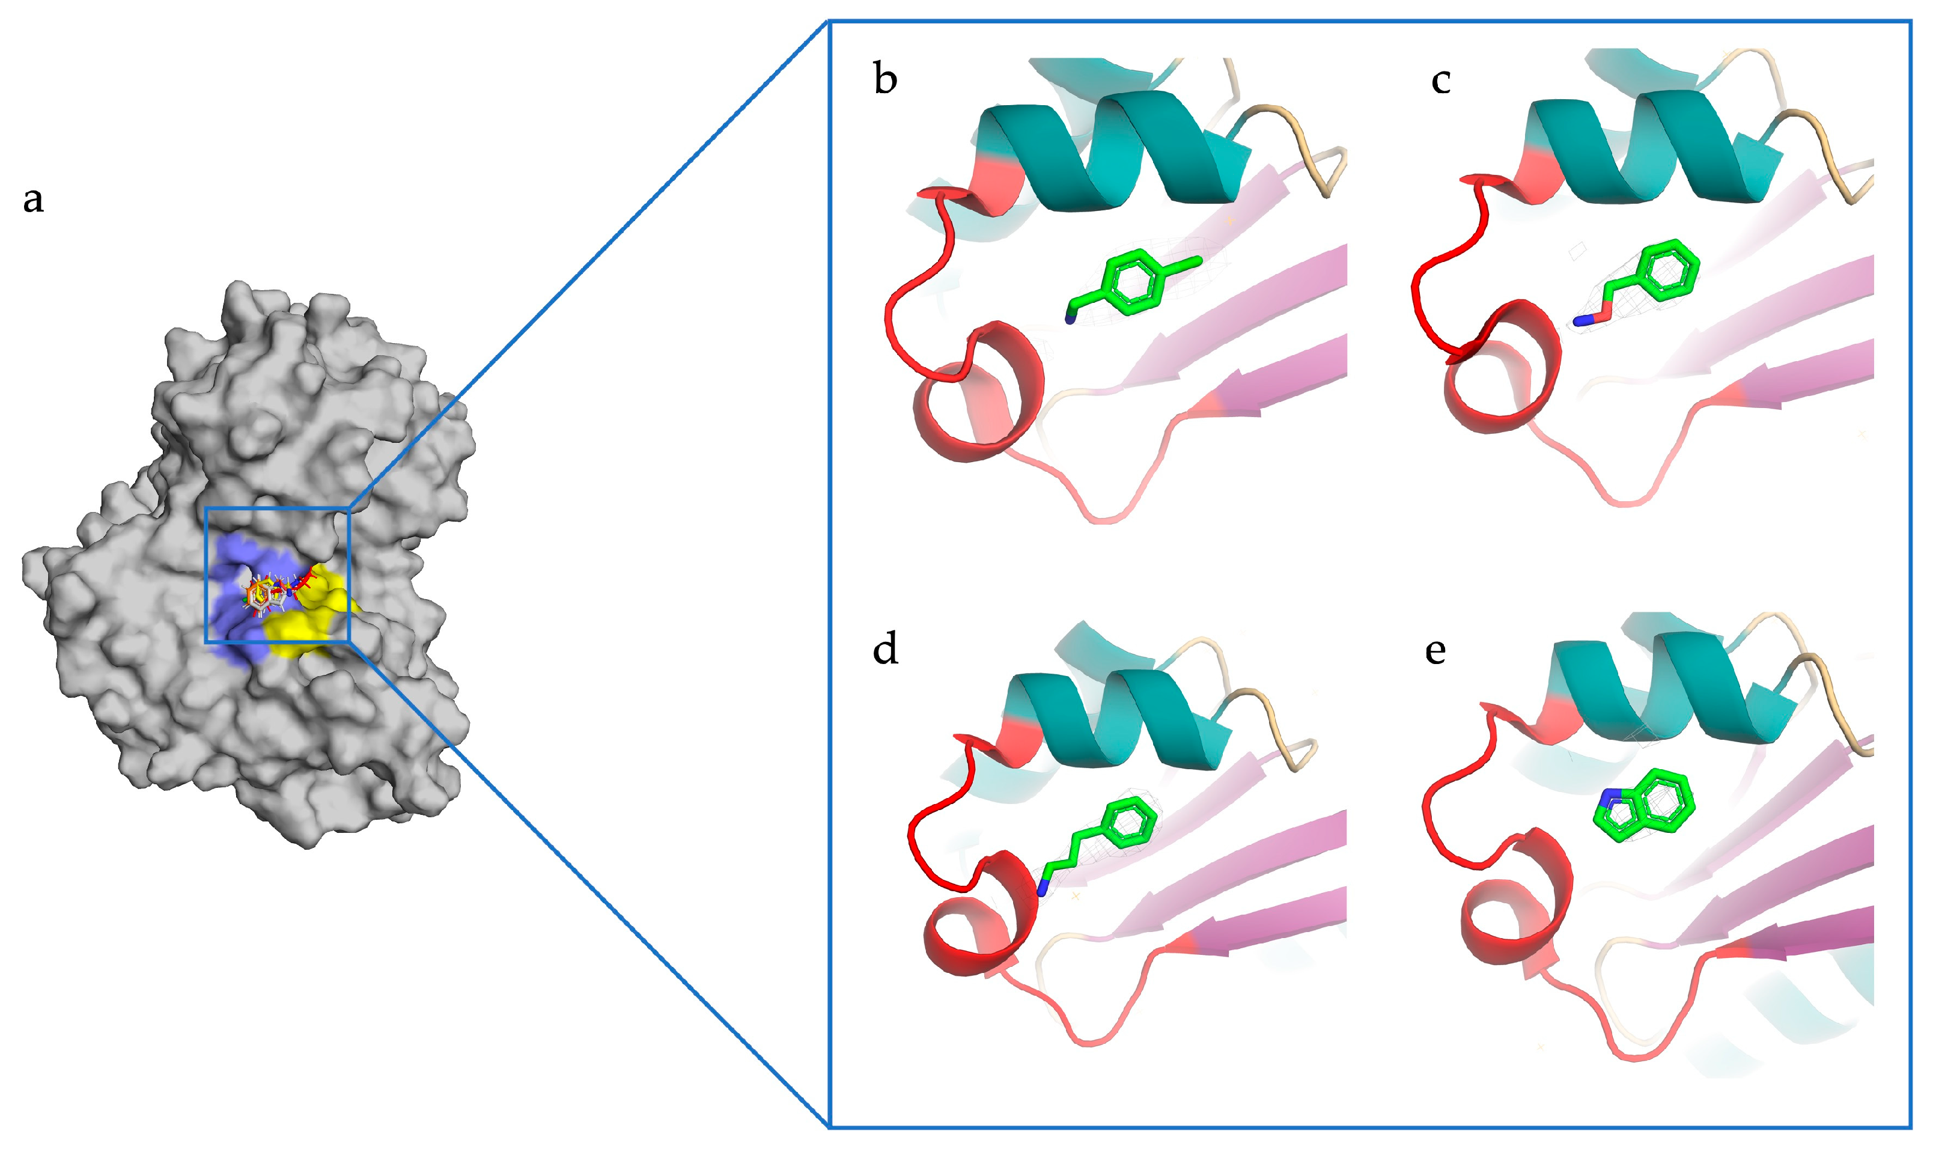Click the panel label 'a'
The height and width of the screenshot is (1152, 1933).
tap(32, 199)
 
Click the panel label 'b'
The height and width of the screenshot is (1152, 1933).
tap(884, 80)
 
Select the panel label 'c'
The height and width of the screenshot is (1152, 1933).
tap(1440, 81)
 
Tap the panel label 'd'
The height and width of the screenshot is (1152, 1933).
tap(884, 649)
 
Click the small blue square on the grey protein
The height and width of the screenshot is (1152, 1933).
tap(277, 575)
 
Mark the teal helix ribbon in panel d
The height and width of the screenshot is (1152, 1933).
tap(1118, 718)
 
